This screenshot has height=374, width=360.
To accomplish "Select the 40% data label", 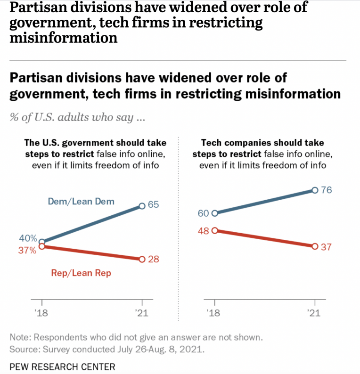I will coord(27,240).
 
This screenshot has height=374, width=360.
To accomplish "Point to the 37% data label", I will coord(27,250).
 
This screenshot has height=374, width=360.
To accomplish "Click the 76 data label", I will coord(327,190).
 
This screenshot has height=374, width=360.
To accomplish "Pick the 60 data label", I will coord(203,213).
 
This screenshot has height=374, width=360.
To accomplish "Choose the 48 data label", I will coord(203,231).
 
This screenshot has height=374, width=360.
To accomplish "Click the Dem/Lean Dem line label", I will coord(81,202).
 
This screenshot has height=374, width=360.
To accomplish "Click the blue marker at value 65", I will coord(143,206).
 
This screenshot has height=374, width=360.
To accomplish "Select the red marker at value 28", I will coord(143,259).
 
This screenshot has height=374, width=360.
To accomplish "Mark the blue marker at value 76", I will coord(315,190).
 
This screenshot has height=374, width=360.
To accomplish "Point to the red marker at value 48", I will coord(215,231).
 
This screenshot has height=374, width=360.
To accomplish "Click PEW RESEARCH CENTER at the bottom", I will coord(62,366).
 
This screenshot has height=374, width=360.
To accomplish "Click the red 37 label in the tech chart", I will coord(327,247).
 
